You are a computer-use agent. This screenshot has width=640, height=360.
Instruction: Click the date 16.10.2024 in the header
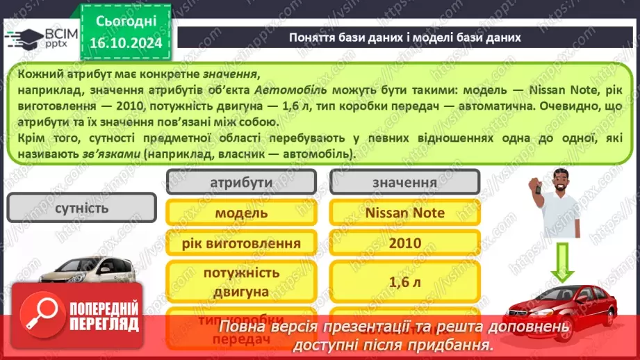pos(126,43)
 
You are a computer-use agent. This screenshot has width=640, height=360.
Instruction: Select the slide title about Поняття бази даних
pos(404,37)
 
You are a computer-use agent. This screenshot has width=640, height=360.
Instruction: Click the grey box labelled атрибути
pos(241,182)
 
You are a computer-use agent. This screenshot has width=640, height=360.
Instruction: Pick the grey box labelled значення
pos(404,182)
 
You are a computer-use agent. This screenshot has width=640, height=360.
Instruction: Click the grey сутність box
pos(81,207)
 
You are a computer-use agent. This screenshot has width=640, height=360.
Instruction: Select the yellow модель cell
pos(241,213)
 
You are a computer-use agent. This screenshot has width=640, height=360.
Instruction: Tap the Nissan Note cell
pos(404,213)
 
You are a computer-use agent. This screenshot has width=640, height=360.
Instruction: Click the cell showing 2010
pos(404,243)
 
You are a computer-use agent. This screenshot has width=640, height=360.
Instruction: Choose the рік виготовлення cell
pos(241,243)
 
